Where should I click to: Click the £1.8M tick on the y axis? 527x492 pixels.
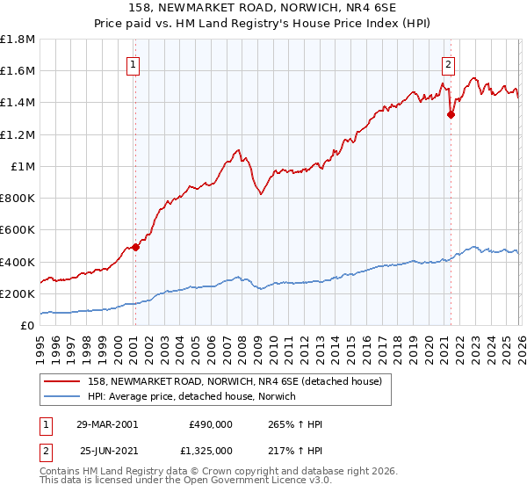(x=18, y=40)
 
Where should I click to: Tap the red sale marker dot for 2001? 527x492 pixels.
(x=136, y=248)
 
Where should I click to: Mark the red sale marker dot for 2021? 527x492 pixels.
(x=451, y=113)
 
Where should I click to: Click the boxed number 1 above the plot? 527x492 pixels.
(x=133, y=63)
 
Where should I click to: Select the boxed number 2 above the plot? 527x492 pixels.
(x=448, y=63)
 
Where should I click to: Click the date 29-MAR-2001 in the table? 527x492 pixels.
(x=108, y=423)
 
